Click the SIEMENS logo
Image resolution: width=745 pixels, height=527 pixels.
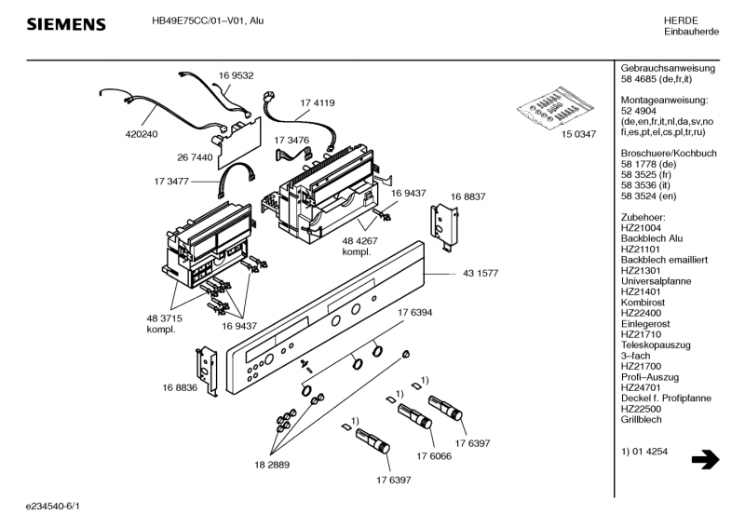pyautogui.click(x=64, y=23)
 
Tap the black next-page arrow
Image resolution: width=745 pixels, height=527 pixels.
pyautogui.click(x=707, y=459)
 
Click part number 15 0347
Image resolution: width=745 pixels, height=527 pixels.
pyautogui.click(x=578, y=135)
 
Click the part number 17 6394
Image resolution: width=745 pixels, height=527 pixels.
pyautogui.click(x=415, y=314)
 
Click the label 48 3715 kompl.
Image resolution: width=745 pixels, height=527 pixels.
pyautogui.click(x=165, y=324)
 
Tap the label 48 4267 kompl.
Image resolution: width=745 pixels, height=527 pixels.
pyautogui.click(x=360, y=246)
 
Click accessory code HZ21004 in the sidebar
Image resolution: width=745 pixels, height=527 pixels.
pyautogui.click(x=641, y=228)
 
